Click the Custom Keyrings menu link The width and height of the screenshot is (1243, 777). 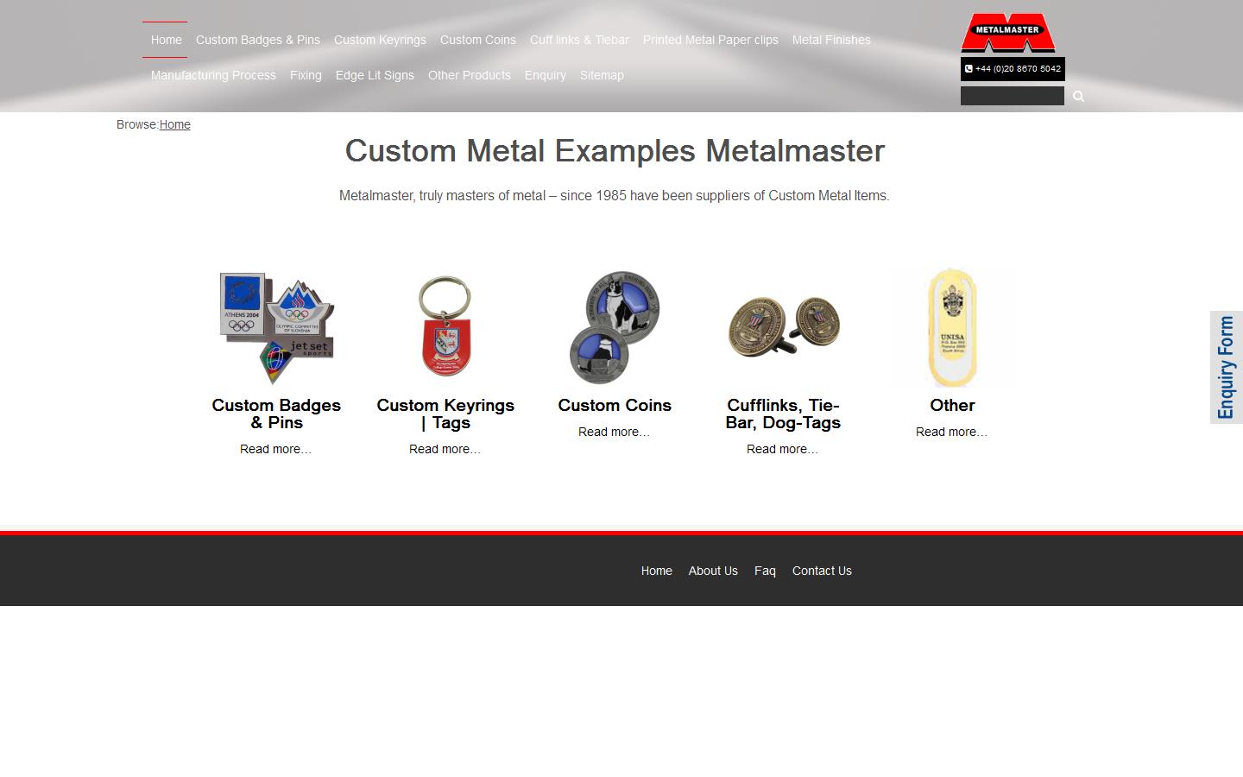click(380, 40)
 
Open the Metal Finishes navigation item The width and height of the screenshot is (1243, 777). click(831, 40)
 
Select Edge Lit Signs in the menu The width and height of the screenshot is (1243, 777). click(375, 75)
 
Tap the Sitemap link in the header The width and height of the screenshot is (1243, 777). click(602, 75)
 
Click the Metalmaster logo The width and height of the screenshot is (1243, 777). click(1007, 33)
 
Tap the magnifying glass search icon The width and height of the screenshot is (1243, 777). click(1078, 96)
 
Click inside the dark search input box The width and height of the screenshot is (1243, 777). click(1012, 96)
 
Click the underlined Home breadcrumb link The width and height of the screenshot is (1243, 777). click(174, 124)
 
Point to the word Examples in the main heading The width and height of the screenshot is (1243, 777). click(624, 151)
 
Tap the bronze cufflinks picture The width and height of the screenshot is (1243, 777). click(784, 326)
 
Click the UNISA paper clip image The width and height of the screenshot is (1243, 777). click(951, 326)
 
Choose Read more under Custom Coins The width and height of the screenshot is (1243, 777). click(614, 432)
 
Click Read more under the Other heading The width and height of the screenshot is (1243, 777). click(951, 432)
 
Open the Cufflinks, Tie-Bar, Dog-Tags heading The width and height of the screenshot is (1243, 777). click(783, 414)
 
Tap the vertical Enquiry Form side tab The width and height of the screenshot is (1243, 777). click(1226, 367)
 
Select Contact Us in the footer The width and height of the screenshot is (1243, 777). click(822, 571)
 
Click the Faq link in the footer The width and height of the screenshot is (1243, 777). click(765, 571)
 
